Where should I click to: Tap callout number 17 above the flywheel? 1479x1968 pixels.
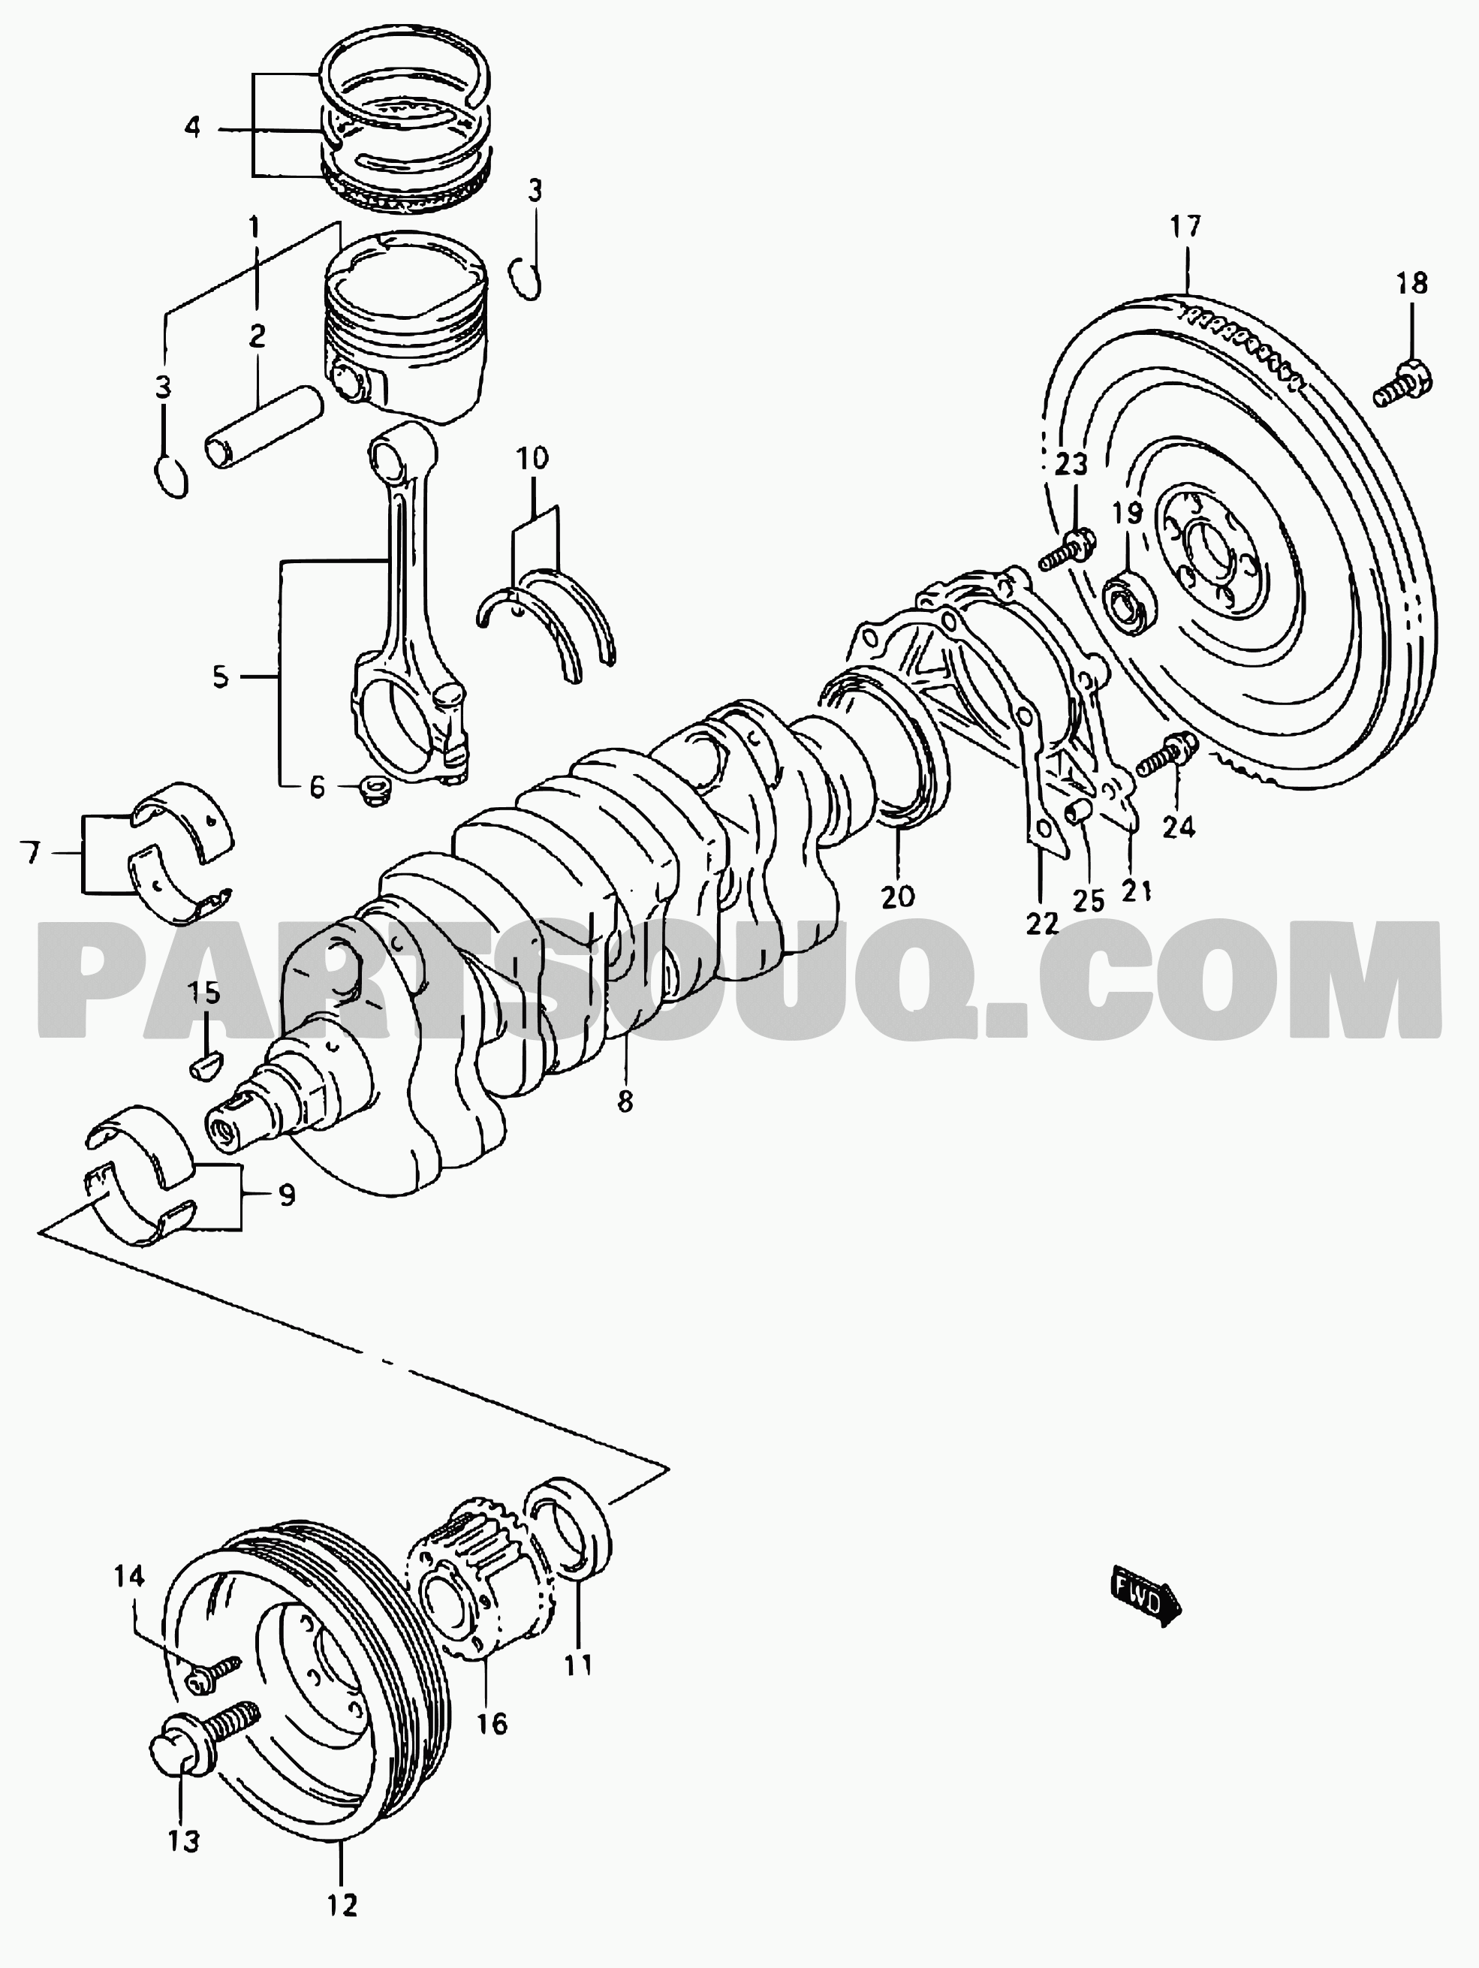pos(1185,227)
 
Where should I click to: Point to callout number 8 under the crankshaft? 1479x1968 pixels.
pos(625,1102)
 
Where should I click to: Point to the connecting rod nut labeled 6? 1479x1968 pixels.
pos(367,788)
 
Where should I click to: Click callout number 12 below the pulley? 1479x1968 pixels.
pos(342,1923)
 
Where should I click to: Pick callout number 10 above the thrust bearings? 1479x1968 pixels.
pos(533,459)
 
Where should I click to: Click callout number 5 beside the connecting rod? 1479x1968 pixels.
pos(221,677)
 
